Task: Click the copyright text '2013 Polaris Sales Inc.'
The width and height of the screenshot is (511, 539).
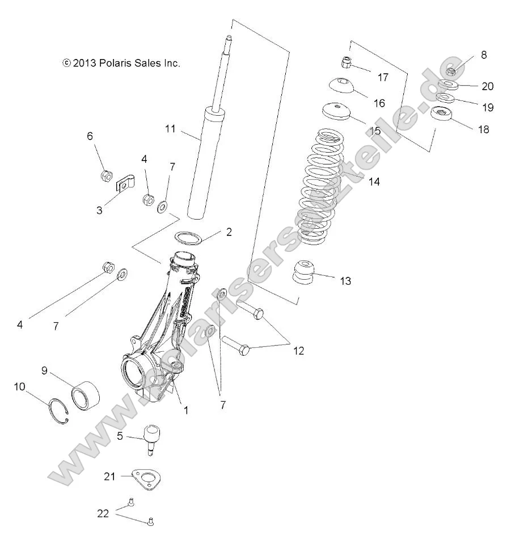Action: coord(121,64)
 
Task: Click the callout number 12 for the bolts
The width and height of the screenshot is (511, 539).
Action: coord(298,351)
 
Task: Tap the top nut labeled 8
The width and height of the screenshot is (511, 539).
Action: coord(451,72)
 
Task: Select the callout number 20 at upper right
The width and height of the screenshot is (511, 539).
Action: coord(487,86)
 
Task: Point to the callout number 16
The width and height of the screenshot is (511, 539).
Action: coord(379,103)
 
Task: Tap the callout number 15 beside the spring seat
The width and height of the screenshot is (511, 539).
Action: coord(374,131)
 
